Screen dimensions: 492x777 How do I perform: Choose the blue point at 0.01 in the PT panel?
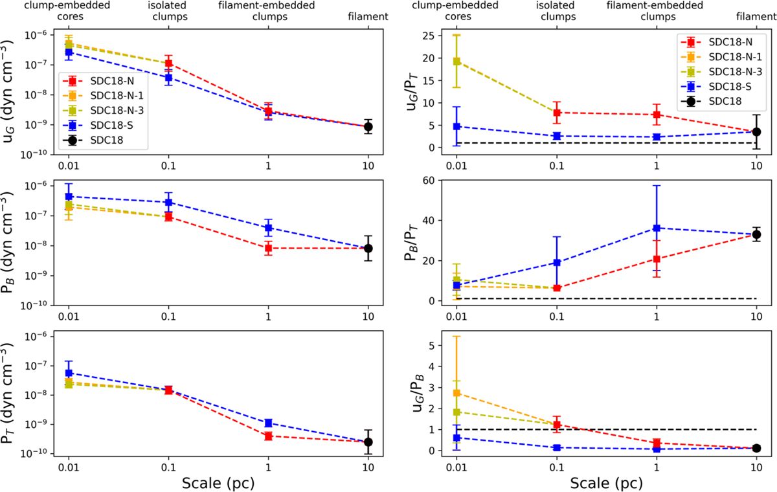pyautogui.click(x=69, y=373)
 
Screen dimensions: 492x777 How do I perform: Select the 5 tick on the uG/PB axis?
pyautogui.click(x=438, y=345)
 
